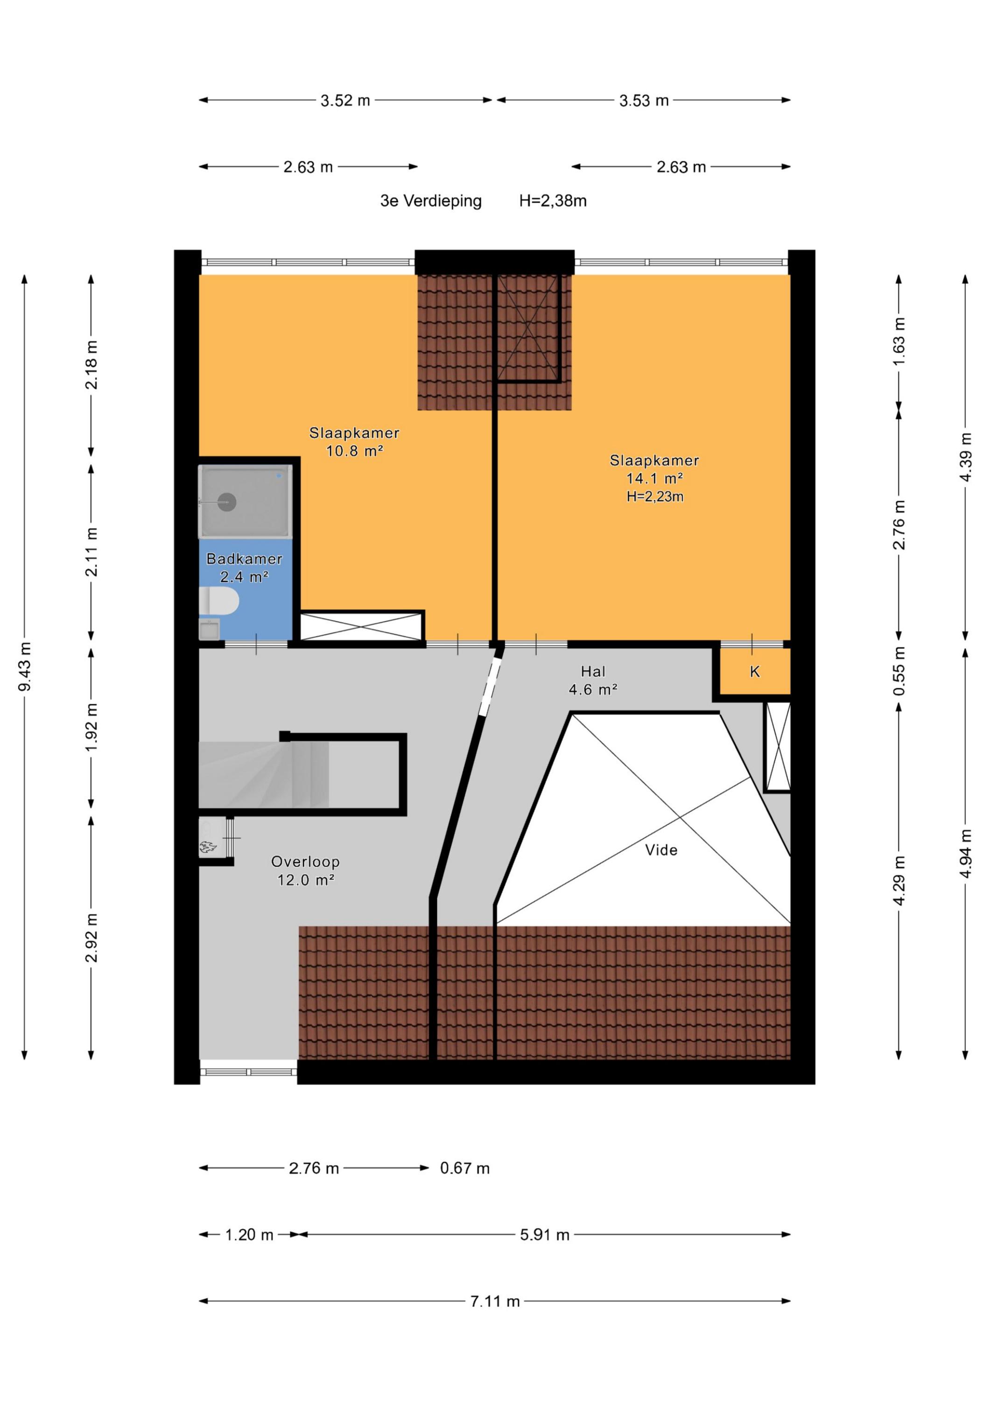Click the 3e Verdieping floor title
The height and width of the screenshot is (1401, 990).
(431, 201)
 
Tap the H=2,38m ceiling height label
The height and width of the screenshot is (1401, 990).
(553, 201)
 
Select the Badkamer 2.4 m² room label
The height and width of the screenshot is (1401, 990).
(245, 567)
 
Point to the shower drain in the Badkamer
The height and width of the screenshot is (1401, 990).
(227, 502)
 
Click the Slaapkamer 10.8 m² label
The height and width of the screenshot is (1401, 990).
(354, 442)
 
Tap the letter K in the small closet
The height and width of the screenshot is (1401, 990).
(755, 672)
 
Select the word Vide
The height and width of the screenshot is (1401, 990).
(661, 850)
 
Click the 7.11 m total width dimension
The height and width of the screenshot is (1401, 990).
(495, 1302)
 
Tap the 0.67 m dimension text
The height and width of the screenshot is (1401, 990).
(465, 1168)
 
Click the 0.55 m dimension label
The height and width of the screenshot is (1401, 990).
(899, 671)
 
